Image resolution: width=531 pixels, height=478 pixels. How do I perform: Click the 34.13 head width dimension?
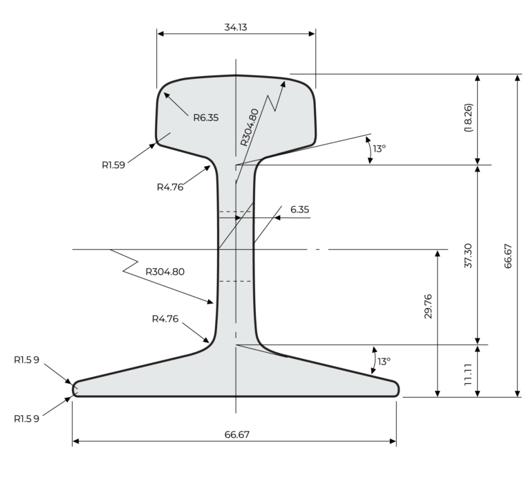pos(236,27)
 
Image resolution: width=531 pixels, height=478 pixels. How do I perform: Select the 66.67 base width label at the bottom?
pos(236,434)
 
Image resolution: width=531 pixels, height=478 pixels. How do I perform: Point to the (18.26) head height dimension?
pos(468,118)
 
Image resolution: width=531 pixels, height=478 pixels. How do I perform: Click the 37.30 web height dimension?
pos(468,255)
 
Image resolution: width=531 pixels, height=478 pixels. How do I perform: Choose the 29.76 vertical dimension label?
pos(428,306)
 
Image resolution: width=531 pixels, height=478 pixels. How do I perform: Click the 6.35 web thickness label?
pos(299,208)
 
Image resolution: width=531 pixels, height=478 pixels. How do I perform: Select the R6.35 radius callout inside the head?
pos(205,118)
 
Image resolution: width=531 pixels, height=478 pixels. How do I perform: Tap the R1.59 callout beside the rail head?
pos(114,165)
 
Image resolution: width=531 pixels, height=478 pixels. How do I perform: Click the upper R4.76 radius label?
pos(170,186)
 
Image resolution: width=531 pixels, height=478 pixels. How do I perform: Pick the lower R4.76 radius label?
pos(165,319)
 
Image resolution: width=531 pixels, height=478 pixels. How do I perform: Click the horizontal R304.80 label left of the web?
pos(165,271)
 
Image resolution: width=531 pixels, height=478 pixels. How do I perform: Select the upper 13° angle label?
pos(380,148)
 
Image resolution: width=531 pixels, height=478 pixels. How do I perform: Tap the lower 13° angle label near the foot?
pos(384,361)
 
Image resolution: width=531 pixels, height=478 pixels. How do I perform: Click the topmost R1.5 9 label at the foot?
pos(26,360)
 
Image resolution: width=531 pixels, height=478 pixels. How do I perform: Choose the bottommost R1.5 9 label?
pos(26,419)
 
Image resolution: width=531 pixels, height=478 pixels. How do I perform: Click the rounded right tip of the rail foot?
pos(397,388)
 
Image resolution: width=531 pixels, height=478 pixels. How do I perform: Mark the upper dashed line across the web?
pos(235,212)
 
